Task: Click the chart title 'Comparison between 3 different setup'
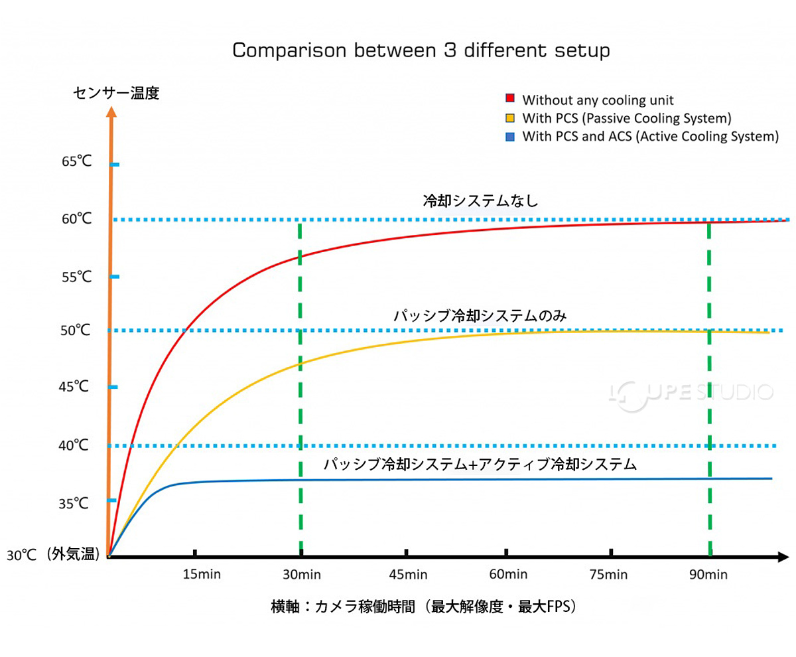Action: pos(421,51)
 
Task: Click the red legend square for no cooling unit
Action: pos(510,99)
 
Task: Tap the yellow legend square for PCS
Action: pos(510,118)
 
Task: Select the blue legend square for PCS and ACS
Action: pos(510,136)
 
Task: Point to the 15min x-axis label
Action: pos(202,574)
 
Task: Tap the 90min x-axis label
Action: pos(708,574)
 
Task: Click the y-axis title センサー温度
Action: pos(116,92)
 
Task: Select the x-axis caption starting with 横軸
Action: pos(423,607)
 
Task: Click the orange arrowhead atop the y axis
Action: pos(111,111)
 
